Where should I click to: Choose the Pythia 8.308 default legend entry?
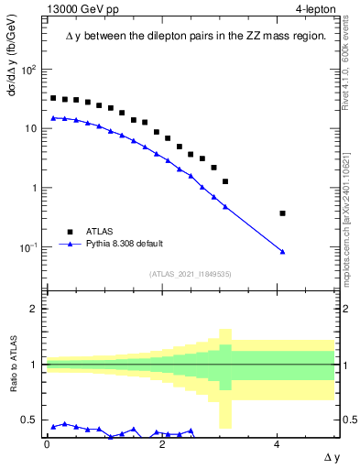[124, 244]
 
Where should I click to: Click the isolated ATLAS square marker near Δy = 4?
[283, 213]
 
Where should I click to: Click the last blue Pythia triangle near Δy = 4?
[283, 251]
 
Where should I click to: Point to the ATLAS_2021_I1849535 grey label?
[191, 274]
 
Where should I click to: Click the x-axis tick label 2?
[162, 443]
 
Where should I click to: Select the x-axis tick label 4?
[277, 443]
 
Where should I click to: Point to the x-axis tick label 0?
[47, 443]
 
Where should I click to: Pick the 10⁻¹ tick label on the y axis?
[27, 247]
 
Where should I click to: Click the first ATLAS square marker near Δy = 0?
[53, 98]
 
